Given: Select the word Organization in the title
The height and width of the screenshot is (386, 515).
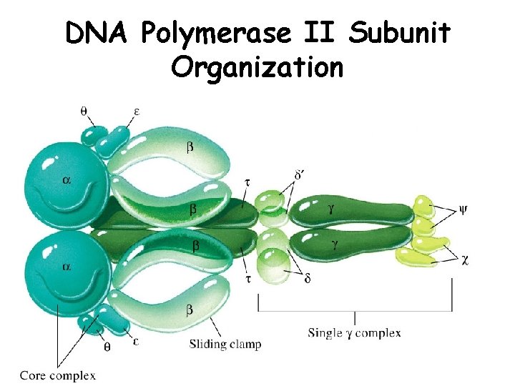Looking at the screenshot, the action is coord(257,68).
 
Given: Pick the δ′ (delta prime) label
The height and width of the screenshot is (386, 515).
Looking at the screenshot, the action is coord(300,174).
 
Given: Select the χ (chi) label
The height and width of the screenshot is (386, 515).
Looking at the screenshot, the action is coord(465,260).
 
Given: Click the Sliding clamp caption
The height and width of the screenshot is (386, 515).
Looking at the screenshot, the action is coord(225,345).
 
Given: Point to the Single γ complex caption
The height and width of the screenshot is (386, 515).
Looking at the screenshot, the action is coord(354,332).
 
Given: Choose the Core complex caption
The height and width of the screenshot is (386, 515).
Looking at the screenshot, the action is coord(57,375).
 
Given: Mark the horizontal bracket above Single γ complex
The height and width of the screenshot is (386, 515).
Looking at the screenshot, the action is coord(355,310).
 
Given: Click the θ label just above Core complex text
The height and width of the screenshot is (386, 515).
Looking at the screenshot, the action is coord(108,347).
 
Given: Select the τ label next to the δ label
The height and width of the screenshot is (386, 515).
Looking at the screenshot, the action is coord(247,279).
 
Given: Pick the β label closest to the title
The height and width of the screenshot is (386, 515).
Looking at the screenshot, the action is coord(190,147).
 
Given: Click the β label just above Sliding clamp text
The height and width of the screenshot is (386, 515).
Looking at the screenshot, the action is coord(190,310).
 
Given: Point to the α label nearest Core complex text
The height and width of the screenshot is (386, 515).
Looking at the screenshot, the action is coord(66,266).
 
